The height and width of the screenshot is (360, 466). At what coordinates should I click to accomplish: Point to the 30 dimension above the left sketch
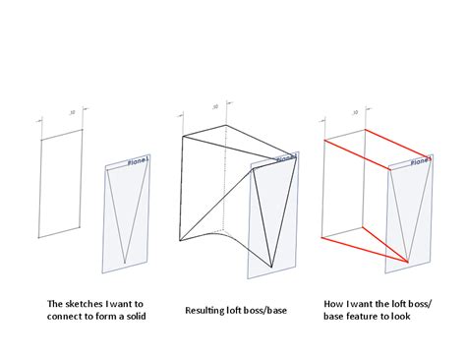[x=73, y=113]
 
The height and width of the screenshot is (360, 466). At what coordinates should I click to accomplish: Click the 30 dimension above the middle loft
[x=214, y=105]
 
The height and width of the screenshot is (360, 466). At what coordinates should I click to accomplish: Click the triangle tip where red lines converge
[x=409, y=262]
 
